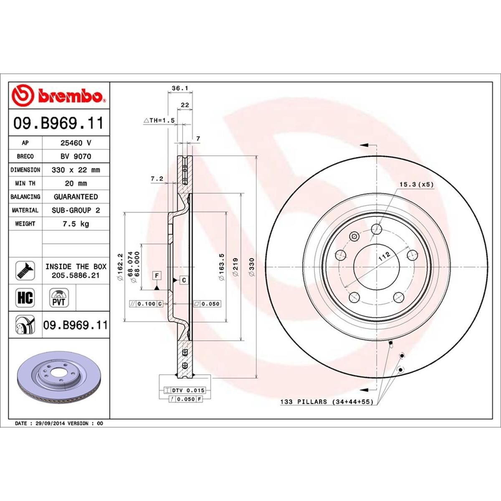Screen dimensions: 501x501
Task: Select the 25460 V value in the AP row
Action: pos(76,143)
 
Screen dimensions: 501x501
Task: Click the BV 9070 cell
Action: pos(76,156)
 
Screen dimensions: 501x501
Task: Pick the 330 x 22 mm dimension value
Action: pos(76,170)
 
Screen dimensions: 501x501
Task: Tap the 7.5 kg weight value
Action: pos(76,224)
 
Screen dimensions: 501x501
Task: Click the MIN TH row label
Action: pos(25,183)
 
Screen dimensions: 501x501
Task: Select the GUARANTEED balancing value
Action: pos(76,197)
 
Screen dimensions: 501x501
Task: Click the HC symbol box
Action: pos(25,298)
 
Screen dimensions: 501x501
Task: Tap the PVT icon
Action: pos(58,298)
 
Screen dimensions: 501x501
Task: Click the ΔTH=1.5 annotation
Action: pos(159,120)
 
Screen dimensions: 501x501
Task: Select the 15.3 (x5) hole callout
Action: pos(416,184)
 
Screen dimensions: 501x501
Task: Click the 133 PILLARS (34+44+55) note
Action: pos(327,402)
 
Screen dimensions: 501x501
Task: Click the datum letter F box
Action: pos(157,276)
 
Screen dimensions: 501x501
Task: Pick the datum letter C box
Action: pos(184,280)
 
